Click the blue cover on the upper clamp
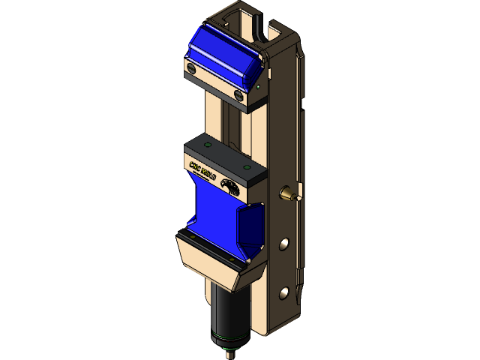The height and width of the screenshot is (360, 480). [x=217, y=52]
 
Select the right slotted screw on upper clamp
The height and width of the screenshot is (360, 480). [x=238, y=95]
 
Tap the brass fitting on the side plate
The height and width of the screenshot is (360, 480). [x=288, y=194]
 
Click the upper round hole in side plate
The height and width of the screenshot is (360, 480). [x=284, y=244]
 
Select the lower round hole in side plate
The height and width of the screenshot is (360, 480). [x=284, y=292]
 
